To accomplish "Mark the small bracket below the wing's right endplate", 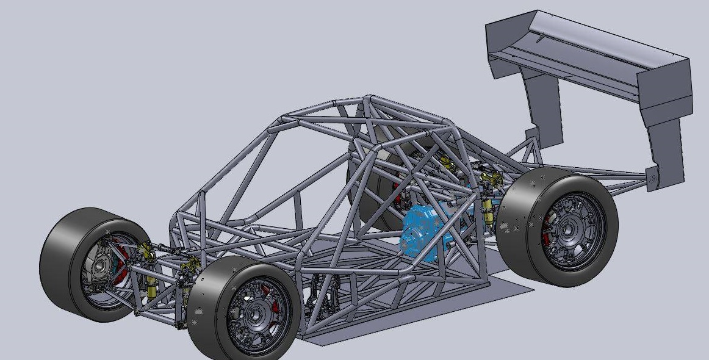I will point(652,178).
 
